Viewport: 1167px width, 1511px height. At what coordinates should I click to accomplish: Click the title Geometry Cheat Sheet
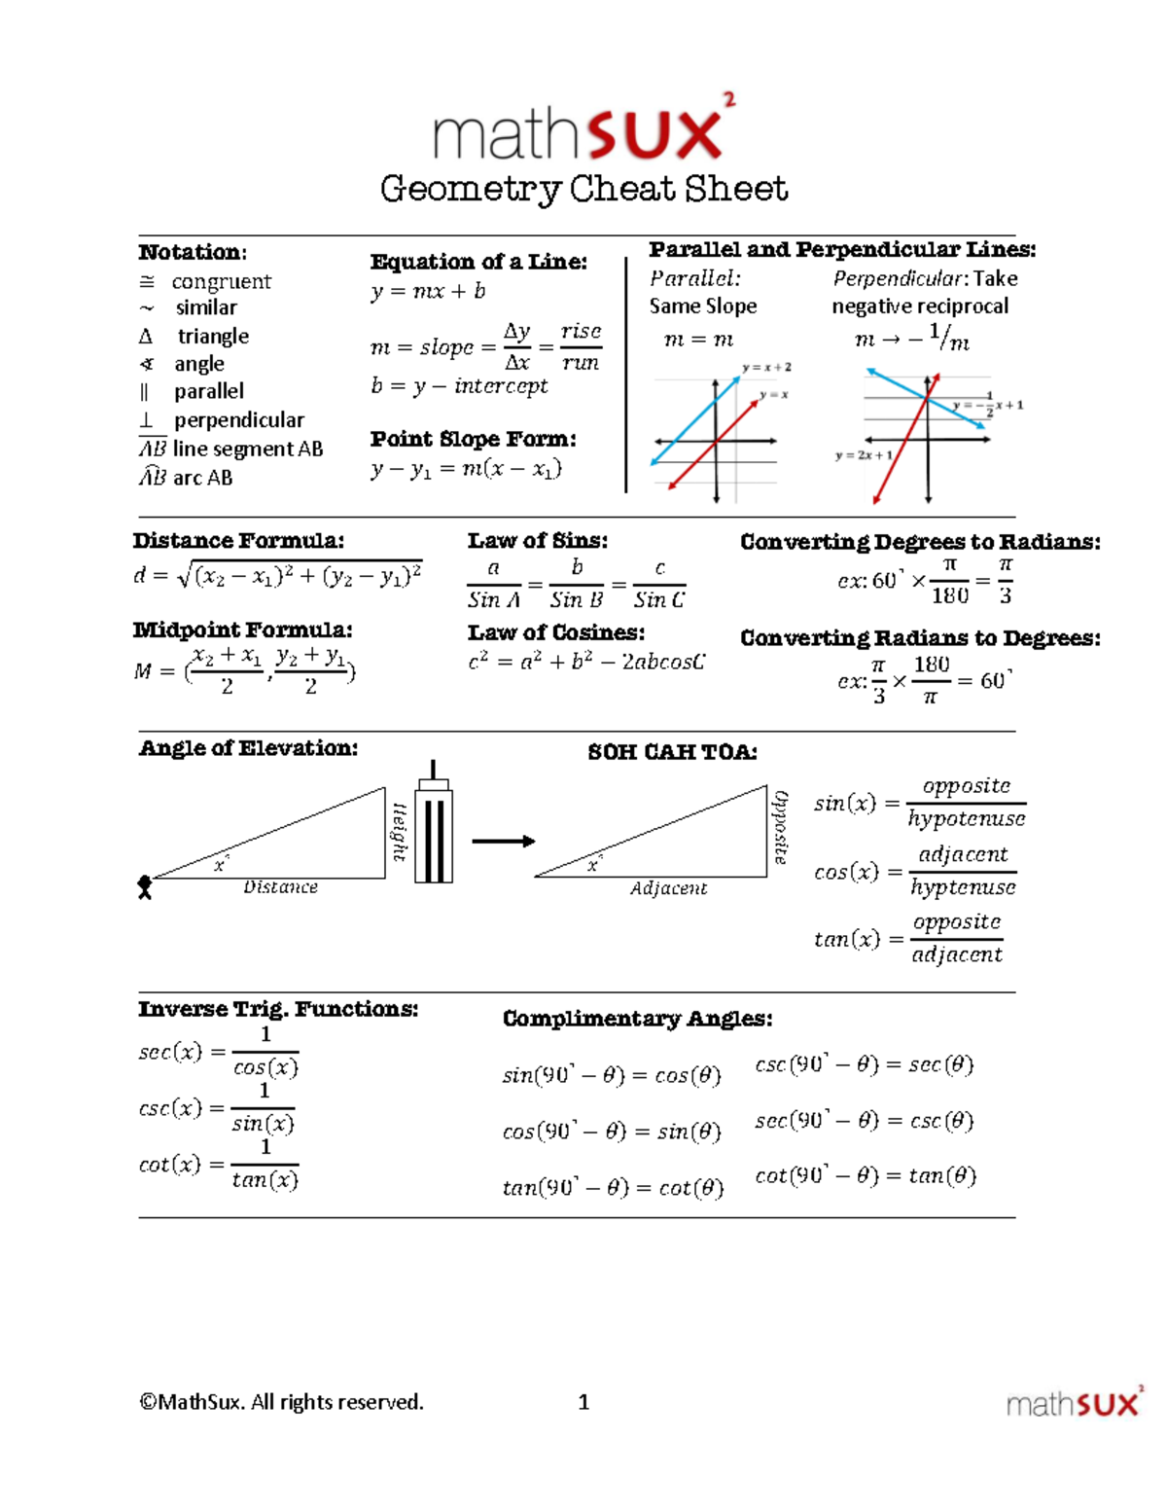pos(583,189)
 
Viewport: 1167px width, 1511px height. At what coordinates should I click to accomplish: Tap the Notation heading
pos(193,252)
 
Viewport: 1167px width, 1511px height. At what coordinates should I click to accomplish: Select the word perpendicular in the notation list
pos(238,420)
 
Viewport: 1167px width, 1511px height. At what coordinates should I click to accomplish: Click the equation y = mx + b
pos(428,291)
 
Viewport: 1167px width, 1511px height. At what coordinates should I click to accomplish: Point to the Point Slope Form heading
pos(473,439)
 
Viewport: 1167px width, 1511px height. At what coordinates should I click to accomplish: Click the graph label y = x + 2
pos(766,368)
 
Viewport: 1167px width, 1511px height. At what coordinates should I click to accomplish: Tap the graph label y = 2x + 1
pos(863,455)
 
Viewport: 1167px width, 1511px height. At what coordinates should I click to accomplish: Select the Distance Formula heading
pos(238,541)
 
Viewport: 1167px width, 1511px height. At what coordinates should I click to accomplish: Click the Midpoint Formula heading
pos(242,630)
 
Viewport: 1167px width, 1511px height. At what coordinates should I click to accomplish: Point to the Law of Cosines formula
pos(586,663)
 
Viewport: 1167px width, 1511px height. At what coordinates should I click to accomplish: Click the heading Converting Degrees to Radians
pos(920,542)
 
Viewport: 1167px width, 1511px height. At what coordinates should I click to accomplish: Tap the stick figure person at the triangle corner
pos(145,887)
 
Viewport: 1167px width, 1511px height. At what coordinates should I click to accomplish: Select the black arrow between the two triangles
pos(503,842)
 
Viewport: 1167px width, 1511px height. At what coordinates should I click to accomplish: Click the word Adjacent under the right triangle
pos(668,888)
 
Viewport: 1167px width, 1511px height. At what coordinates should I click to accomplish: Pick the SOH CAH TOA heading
pos(672,752)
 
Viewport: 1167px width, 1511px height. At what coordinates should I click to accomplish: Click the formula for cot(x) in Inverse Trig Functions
pos(219,1165)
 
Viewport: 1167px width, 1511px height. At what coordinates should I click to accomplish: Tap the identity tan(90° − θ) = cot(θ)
pos(613,1188)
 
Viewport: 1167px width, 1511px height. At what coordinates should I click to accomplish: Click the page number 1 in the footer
pos(583,1402)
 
